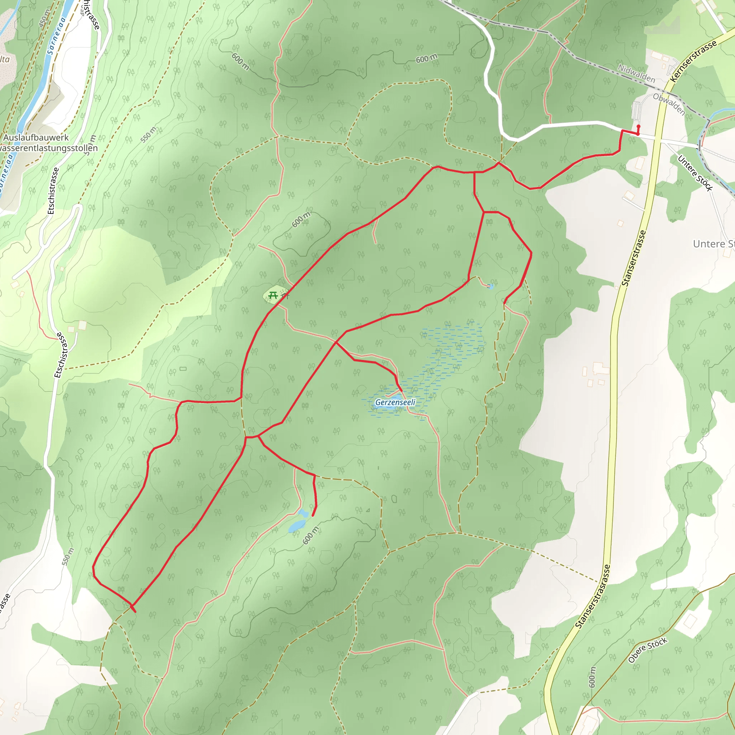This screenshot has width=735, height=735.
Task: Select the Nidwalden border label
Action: (x=636, y=74)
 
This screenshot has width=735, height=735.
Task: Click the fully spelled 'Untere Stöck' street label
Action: (x=695, y=173)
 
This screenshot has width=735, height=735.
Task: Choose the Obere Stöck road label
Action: (x=647, y=650)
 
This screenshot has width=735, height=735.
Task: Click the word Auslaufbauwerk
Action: (x=36, y=138)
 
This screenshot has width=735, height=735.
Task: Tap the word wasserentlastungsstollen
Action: (x=49, y=148)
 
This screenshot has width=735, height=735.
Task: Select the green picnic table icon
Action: (x=273, y=295)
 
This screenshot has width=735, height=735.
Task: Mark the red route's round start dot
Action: (x=638, y=127)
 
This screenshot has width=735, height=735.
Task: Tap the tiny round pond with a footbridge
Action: (x=490, y=286)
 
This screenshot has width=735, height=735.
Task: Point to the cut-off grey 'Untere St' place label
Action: (x=713, y=244)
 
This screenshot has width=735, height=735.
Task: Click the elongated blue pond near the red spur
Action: (x=297, y=526)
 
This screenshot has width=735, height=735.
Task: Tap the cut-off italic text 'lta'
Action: (x=5, y=59)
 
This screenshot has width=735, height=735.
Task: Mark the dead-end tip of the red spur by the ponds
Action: (x=313, y=516)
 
